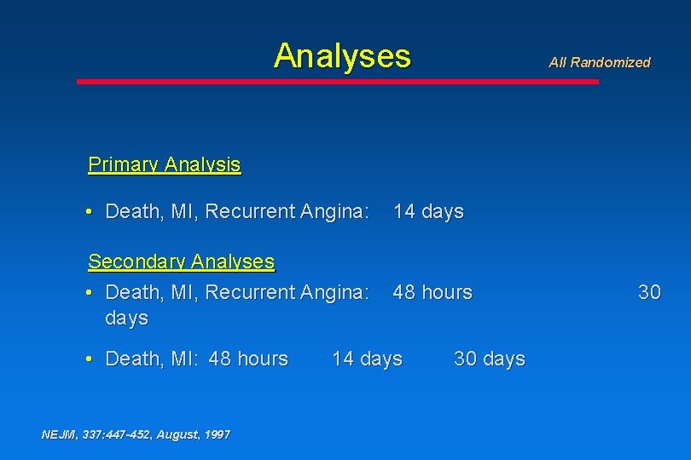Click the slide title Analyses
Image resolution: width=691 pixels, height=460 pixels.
pos(342,56)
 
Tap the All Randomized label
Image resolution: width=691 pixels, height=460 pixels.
pos(599,62)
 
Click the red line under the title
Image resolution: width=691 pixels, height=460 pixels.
pos(338,82)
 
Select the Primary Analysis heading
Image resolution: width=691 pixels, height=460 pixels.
pos(165,164)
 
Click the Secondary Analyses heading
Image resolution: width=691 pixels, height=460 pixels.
pos(181,262)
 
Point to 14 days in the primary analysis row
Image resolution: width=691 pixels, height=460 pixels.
pos(428,211)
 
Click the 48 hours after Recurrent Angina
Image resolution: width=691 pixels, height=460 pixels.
pos(432,292)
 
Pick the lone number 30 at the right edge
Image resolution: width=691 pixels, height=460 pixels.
pos(649,292)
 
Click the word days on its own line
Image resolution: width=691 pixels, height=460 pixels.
pos(126,318)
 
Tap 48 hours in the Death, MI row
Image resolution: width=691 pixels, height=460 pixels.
pos(248,359)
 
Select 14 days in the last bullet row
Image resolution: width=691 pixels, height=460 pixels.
pos(367,359)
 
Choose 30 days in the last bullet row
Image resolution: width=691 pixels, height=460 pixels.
pos(490,359)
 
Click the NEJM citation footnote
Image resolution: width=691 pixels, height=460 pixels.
pos(136,434)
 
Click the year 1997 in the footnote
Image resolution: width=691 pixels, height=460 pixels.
pos(216,434)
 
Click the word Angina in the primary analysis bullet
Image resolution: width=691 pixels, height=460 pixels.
pos(334,211)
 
